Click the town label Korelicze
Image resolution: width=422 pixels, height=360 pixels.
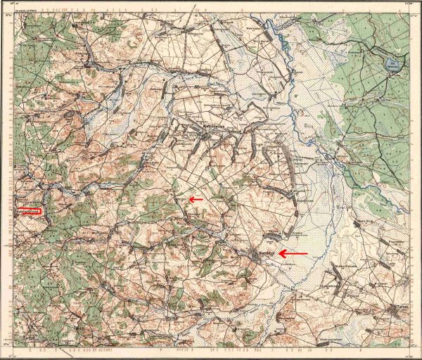pyautogui.click(x=265, y=252)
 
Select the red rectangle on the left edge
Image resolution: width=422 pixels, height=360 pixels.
pyautogui.click(x=29, y=210)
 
